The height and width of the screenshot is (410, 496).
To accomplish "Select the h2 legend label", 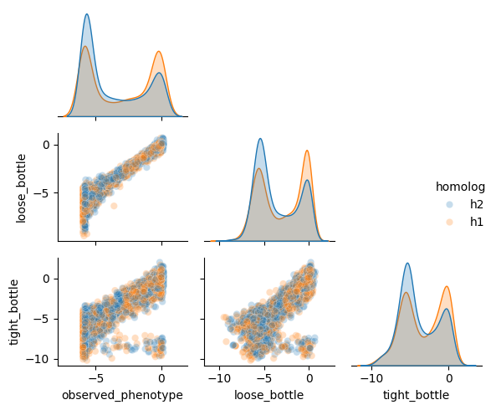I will coord(476,204).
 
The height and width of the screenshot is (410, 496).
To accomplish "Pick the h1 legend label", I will coord(476,222).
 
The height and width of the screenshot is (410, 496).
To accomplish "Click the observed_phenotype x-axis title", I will coord(122,395).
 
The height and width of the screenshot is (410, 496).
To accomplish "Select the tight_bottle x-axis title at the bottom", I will coord(415,395).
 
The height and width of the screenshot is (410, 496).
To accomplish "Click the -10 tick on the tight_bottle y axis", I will coord(41,358).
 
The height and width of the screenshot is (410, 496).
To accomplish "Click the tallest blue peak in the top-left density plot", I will coord(87,15).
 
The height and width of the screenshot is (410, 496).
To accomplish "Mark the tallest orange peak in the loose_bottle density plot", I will coord(307,151).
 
